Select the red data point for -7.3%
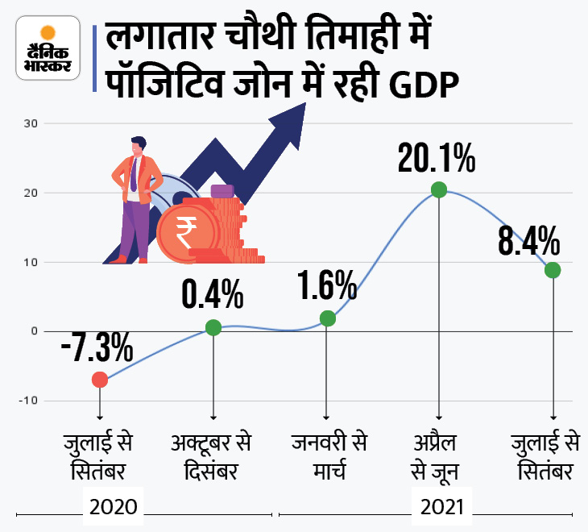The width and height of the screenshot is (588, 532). coord(99,380)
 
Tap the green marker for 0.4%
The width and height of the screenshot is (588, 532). coord(213,327)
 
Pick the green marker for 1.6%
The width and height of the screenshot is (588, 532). coord(327,318)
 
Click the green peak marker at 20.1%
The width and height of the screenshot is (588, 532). coord(439,190)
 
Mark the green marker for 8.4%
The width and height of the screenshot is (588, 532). coord(553,270)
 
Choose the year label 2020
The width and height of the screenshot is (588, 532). coord(114,509)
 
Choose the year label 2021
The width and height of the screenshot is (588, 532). coord(441,509)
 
